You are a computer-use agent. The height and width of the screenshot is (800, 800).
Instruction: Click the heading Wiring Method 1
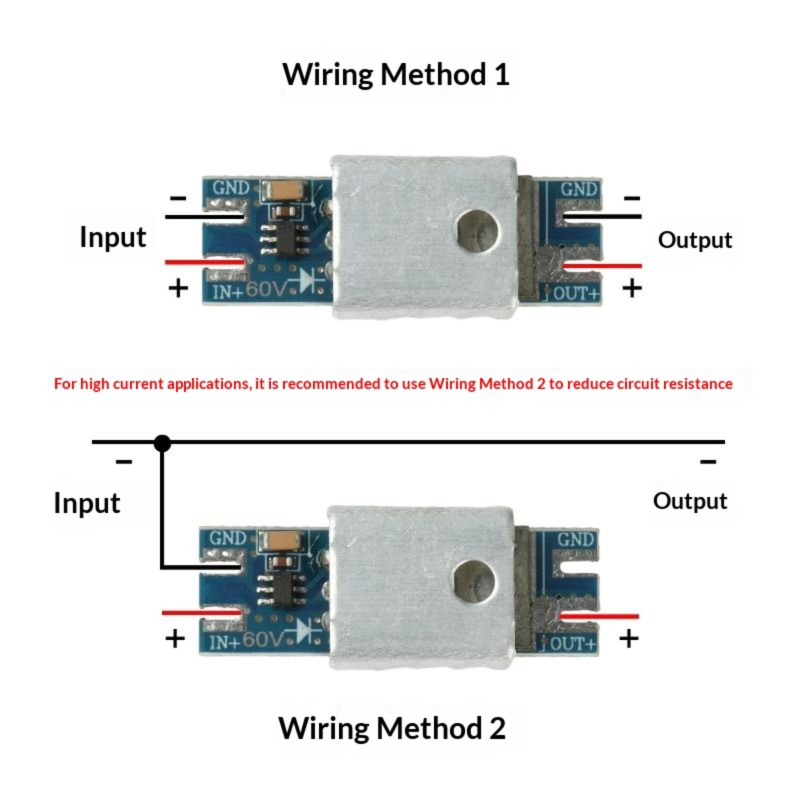pos(395,75)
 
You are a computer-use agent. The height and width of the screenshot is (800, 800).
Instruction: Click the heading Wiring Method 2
pos(391,728)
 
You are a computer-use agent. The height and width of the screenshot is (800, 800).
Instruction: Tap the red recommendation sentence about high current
pos(393,384)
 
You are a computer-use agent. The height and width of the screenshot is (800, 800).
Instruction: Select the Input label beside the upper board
pos(113,237)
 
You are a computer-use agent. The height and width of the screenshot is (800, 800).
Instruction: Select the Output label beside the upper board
pos(694,240)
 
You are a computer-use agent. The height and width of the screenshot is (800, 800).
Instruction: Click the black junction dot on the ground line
pos(162,443)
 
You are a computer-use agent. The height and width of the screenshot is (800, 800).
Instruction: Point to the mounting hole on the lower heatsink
pos(474,581)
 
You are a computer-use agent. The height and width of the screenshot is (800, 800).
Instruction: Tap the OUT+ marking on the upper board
pos(576,293)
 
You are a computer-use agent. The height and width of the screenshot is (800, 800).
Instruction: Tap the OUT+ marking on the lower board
pos(573,643)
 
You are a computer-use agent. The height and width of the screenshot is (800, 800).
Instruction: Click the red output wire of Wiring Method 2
pos(599,616)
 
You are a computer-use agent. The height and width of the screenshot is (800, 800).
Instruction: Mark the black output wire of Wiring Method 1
pos(602,216)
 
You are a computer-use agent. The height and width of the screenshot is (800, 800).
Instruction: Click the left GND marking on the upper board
pos(230,188)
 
